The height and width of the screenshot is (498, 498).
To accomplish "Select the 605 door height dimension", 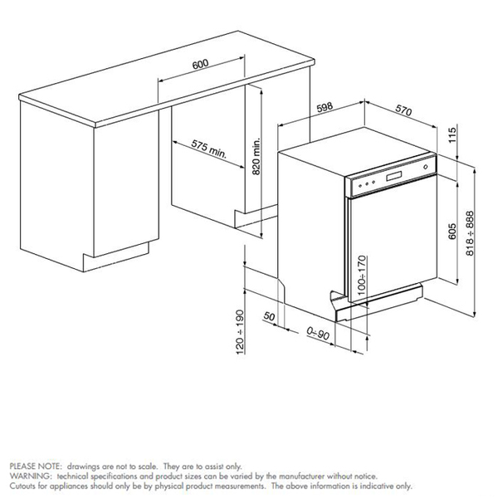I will coord(452,232).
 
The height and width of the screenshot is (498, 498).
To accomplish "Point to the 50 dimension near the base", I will coord(269,317).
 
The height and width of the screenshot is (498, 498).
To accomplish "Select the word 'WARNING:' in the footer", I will coord(28,477).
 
